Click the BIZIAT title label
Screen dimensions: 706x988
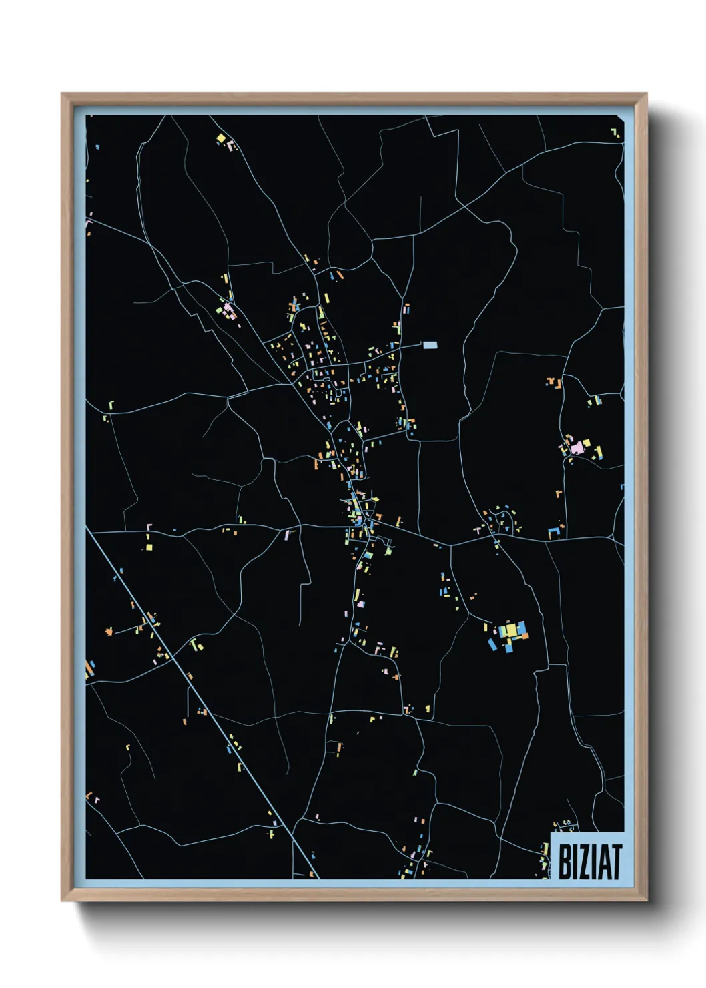coord(589,861)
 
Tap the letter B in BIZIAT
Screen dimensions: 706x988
coord(564,862)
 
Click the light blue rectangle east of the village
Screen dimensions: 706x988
coord(430,345)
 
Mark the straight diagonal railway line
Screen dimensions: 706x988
coord(200,694)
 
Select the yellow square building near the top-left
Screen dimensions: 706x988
coord(221,138)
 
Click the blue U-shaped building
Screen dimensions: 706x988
coord(553,532)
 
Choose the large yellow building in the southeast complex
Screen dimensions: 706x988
coord(510,629)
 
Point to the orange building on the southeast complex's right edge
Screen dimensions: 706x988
coord(524,636)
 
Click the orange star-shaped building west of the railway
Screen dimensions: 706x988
coord(109,630)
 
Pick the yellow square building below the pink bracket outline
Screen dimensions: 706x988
coord(149,547)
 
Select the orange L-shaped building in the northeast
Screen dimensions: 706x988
coord(552,383)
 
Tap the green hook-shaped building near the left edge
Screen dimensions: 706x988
coord(111,405)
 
